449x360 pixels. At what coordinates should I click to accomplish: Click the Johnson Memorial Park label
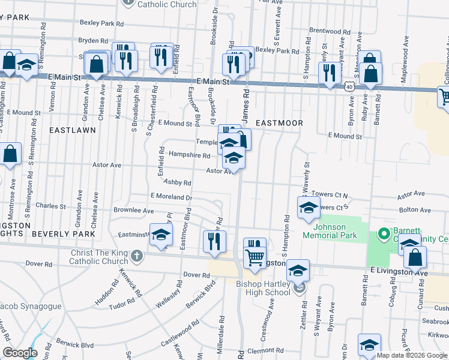pyautogui.click(x=330, y=231)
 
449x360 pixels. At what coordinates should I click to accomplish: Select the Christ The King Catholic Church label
pyautogui.click(x=100, y=257)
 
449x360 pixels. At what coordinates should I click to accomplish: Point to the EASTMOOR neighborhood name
pyautogui.click(x=279, y=122)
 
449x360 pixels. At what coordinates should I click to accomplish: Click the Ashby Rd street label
pyautogui.click(x=177, y=182)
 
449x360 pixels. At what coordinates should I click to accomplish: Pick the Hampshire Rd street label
pyautogui.click(x=189, y=155)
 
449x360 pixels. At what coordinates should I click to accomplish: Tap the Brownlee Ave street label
pyautogui.click(x=133, y=211)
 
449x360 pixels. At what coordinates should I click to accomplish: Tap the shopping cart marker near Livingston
pyautogui.click(x=255, y=257)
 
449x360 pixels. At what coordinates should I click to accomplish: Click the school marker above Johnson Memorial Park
pyautogui.click(x=309, y=208)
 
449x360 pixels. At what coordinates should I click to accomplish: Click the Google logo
pyautogui.click(x=20, y=352)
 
